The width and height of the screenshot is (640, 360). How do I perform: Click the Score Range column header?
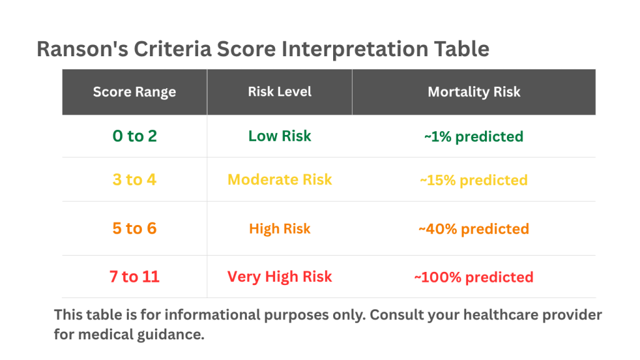pyautogui.click(x=134, y=92)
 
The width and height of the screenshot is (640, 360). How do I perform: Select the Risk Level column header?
pyautogui.click(x=279, y=92)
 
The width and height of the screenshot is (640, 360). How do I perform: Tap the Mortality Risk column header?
pyautogui.click(x=474, y=92)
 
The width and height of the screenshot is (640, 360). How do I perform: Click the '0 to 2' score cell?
pyautogui.click(x=135, y=136)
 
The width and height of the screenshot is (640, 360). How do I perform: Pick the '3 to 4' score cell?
pyautogui.click(x=135, y=179)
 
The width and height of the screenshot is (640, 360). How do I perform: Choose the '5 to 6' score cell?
pyautogui.click(x=135, y=229)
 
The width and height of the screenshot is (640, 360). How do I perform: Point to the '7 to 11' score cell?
pyautogui.click(x=134, y=277)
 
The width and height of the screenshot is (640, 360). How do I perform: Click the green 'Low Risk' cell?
pyautogui.click(x=279, y=136)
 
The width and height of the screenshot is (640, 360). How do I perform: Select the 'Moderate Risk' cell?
pyautogui.click(x=279, y=179)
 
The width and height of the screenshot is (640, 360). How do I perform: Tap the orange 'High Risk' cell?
pyautogui.click(x=279, y=229)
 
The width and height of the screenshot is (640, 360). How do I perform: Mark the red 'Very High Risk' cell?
pyautogui.click(x=279, y=277)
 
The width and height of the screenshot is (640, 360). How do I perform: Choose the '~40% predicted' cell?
pyautogui.click(x=474, y=229)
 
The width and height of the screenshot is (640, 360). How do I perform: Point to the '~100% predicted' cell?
pyautogui.click(x=474, y=277)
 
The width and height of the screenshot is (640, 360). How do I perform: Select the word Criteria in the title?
pyautogui.click(x=172, y=49)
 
